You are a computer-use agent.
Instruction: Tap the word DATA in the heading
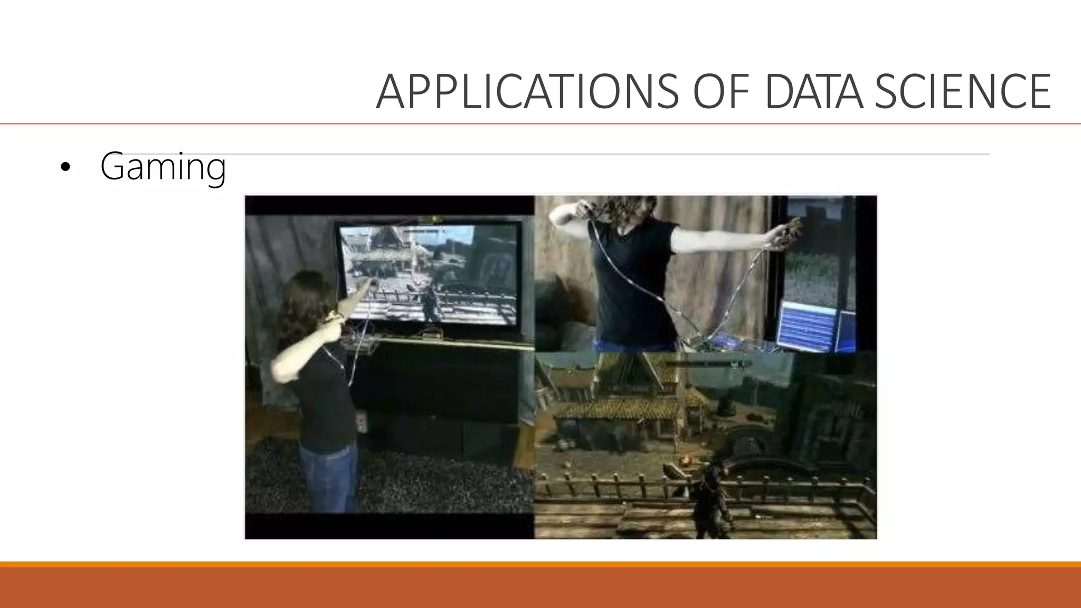pyautogui.click(x=813, y=92)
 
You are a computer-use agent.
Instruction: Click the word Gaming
pyautogui.click(x=163, y=167)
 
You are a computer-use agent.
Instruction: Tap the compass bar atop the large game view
pyautogui.click(x=707, y=364)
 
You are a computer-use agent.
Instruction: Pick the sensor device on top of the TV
pyautogui.click(x=435, y=218)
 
